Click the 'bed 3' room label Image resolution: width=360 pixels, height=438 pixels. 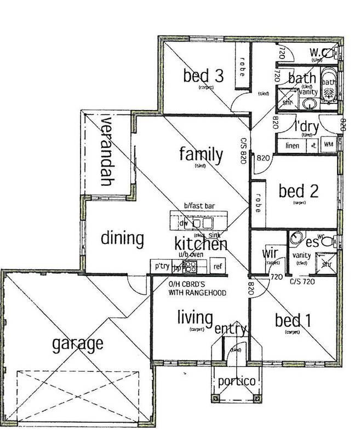pos(203,76)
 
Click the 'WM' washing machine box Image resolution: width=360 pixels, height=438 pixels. pos(329,145)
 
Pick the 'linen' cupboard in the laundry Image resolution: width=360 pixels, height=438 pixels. pos(293,145)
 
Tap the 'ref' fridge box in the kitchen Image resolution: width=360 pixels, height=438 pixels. pos(218,267)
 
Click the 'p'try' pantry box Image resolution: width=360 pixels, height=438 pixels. pos(161,267)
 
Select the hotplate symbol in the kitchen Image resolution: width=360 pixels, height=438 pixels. pos(190,267)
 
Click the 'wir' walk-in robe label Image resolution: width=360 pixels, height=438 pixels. pos(269,254)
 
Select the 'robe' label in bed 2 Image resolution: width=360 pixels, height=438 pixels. pos(257,202)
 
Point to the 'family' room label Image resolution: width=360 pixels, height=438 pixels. pos(201,155)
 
